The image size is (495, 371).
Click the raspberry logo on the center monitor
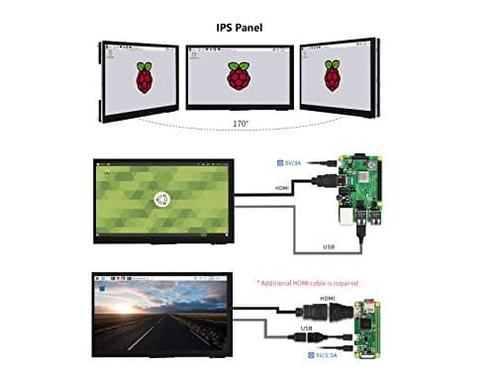239,77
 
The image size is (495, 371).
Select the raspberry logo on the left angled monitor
146,77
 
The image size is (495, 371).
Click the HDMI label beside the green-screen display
284,186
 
